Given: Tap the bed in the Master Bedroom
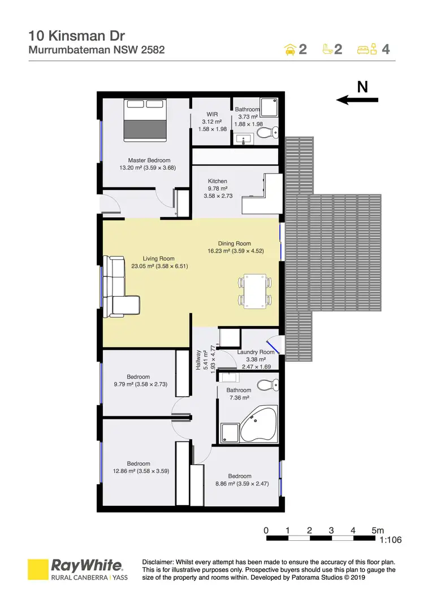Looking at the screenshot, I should pos(145,121).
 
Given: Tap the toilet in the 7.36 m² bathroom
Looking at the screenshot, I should pos(265,387).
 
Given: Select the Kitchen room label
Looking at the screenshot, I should pos(218,181).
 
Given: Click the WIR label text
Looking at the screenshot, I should pos(212,114).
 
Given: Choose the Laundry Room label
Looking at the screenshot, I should pos(256,352).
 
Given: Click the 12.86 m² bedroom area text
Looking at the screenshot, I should pos(141,470).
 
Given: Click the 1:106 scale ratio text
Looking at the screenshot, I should pos(390,540).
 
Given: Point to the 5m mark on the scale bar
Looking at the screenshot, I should pos(378,531).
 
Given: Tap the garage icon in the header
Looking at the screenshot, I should pos(289,49).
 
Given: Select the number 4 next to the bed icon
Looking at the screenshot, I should pos(386,49).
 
